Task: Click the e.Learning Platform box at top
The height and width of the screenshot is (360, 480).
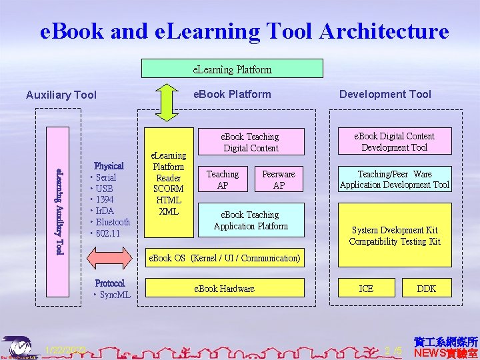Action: (232, 69)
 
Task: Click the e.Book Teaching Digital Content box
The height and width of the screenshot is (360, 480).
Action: (251, 142)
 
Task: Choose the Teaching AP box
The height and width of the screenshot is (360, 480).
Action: (223, 179)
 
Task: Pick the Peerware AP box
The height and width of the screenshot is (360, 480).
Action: (279, 179)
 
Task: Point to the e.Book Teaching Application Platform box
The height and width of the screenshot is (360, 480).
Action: (251, 221)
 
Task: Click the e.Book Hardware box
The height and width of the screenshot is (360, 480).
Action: (224, 288)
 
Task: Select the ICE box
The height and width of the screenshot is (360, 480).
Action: (366, 288)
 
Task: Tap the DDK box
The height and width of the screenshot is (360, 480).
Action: (426, 288)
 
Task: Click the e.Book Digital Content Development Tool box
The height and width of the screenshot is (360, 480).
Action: (394, 141)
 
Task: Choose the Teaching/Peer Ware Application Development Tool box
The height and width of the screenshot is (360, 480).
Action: (394, 179)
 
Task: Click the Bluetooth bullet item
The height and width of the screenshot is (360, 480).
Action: (113, 222)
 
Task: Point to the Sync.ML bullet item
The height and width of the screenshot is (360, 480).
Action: (115, 295)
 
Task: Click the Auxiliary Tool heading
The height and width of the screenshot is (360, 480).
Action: (61, 95)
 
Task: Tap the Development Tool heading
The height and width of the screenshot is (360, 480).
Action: (385, 94)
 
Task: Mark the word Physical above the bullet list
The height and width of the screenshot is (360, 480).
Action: (109, 165)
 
